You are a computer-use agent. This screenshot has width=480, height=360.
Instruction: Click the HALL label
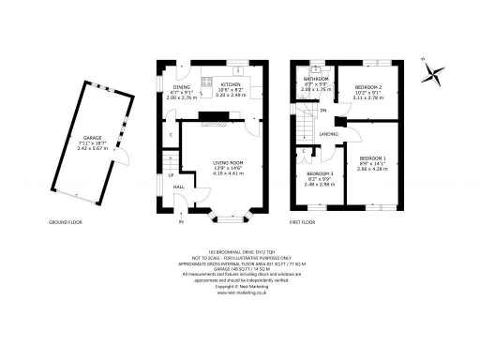(178, 187)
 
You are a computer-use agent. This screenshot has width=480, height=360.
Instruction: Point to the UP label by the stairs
(171, 174)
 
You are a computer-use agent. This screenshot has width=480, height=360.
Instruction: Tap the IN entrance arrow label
(182, 223)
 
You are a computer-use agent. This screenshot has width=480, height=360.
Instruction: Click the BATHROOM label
(315, 79)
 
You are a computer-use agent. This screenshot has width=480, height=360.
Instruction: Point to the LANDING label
(329, 134)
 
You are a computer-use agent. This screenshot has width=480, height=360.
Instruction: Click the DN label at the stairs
(322, 111)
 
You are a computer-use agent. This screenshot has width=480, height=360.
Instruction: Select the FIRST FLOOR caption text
(302, 223)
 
